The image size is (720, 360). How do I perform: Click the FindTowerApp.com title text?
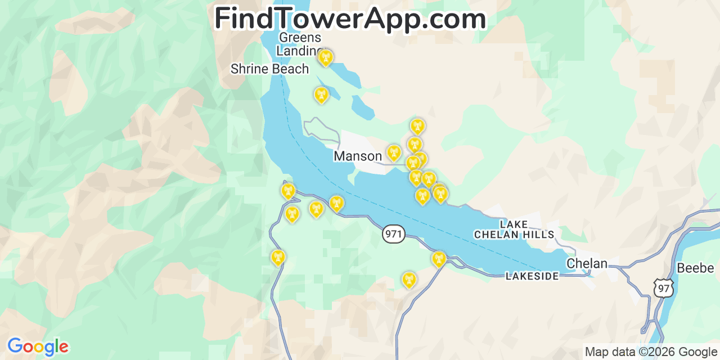click(350, 19)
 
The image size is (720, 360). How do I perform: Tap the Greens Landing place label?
click(300, 44)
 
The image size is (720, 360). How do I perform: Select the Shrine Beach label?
click(269, 69)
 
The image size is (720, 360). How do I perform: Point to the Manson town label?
click(358, 156)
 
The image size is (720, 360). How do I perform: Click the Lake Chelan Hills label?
click(514, 229)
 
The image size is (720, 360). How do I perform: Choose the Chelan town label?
click(587, 263)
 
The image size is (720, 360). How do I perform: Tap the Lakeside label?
click(532, 276)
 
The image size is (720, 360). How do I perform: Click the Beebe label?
click(695, 268)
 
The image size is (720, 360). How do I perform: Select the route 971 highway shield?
click(394, 234)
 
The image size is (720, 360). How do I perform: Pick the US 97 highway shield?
click(664, 287)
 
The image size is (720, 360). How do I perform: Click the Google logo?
click(37, 346)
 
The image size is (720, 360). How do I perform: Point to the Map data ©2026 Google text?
click(651, 352)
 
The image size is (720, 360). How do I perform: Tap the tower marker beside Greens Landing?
click(325, 57)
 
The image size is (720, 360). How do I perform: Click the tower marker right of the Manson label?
click(394, 152)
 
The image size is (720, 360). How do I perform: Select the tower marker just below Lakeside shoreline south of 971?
click(409, 279)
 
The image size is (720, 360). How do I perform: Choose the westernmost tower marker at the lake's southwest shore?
click(288, 191)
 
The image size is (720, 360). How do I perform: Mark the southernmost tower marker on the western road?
click(278, 258)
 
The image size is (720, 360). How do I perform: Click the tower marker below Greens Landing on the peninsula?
click(321, 95)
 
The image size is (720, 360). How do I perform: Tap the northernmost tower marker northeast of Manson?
click(417, 126)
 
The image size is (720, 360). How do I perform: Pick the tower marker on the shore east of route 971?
click(439, 259)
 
